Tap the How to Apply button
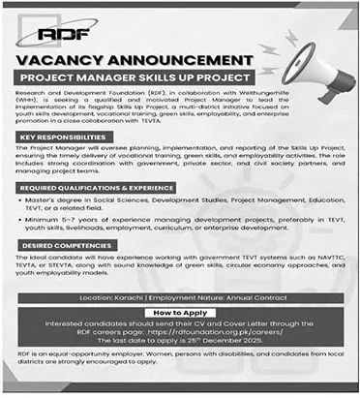coord(180,314)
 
